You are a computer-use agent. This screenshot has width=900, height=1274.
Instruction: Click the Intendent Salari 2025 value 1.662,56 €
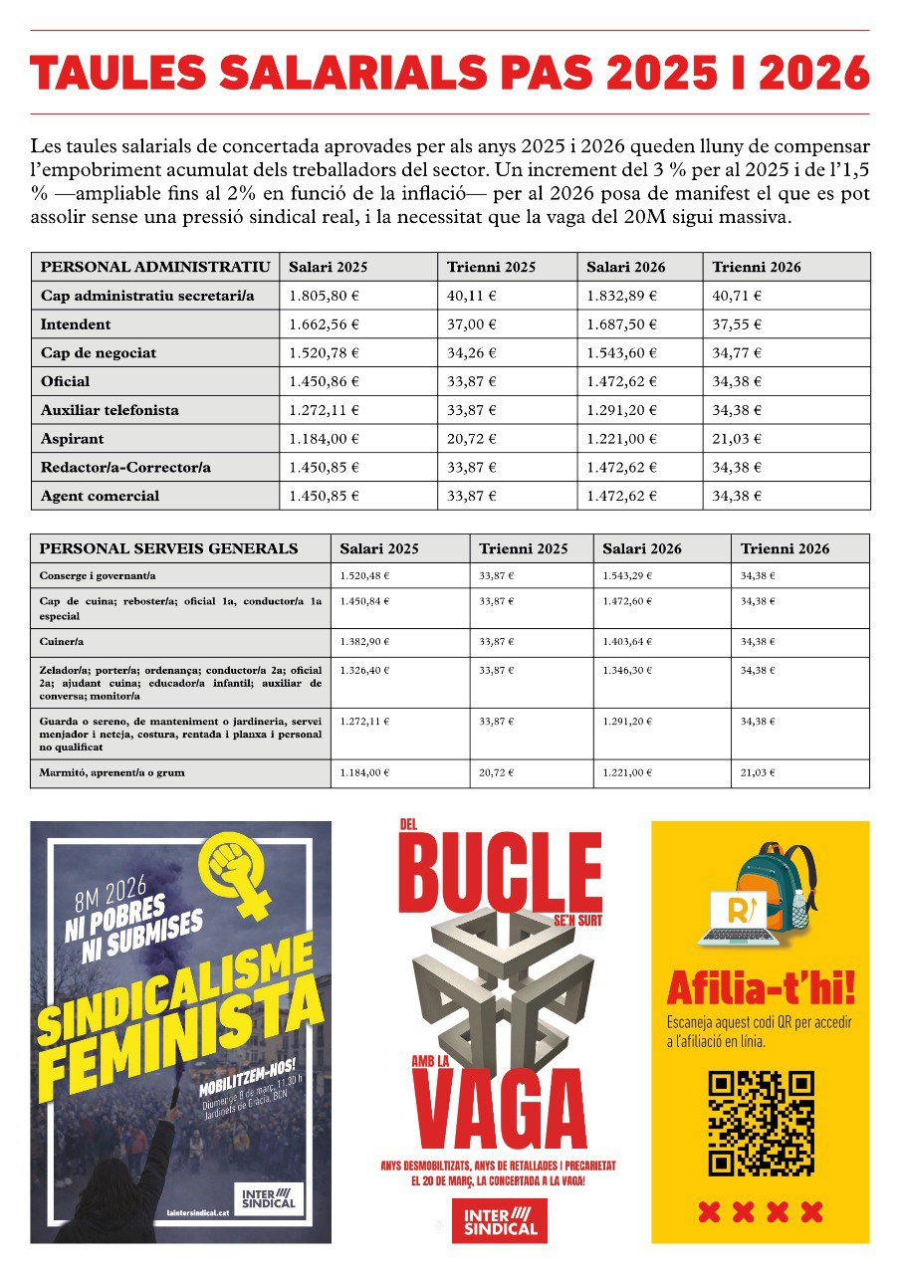click(325, 324)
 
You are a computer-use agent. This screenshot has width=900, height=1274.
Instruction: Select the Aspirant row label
click(73, 439)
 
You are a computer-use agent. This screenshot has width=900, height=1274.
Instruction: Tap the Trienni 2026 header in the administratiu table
click(757, 267)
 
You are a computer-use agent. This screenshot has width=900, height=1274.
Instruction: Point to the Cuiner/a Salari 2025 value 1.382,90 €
click(364, 642)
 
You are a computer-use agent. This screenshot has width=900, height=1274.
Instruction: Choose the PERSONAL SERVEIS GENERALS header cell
click(169, 548)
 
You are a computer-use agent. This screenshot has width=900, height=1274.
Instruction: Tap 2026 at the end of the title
click(806, 73)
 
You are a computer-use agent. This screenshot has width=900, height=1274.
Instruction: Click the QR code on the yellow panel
click(761, 1123)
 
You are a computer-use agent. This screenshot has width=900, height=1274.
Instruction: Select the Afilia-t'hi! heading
click(761, 987)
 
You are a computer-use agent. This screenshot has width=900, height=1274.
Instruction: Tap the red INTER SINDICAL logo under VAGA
click(500, 1220)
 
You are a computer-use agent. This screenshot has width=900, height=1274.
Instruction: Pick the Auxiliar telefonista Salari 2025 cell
click(325, 410)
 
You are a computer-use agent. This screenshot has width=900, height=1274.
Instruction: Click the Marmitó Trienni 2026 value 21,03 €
click(758, 772)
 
